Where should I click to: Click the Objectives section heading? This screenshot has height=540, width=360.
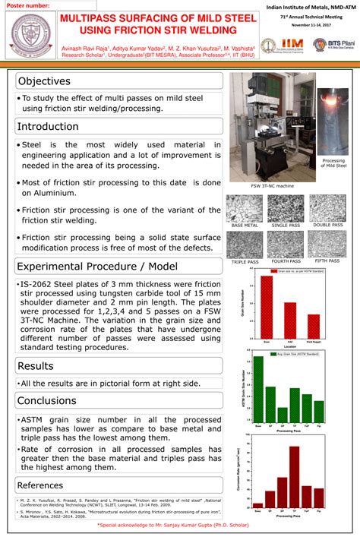[44, 81]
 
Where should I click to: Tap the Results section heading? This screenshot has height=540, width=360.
[35, 366]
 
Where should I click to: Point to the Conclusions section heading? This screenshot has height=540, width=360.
[47, 400]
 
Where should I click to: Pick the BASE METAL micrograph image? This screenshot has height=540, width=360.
[244, 209]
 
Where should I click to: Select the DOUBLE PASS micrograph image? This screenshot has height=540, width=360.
[327, 209]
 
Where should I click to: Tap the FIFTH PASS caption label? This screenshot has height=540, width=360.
[327, 261]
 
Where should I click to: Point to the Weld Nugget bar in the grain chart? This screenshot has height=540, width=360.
[314, 325]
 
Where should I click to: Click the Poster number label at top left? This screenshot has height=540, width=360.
[29, 5]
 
